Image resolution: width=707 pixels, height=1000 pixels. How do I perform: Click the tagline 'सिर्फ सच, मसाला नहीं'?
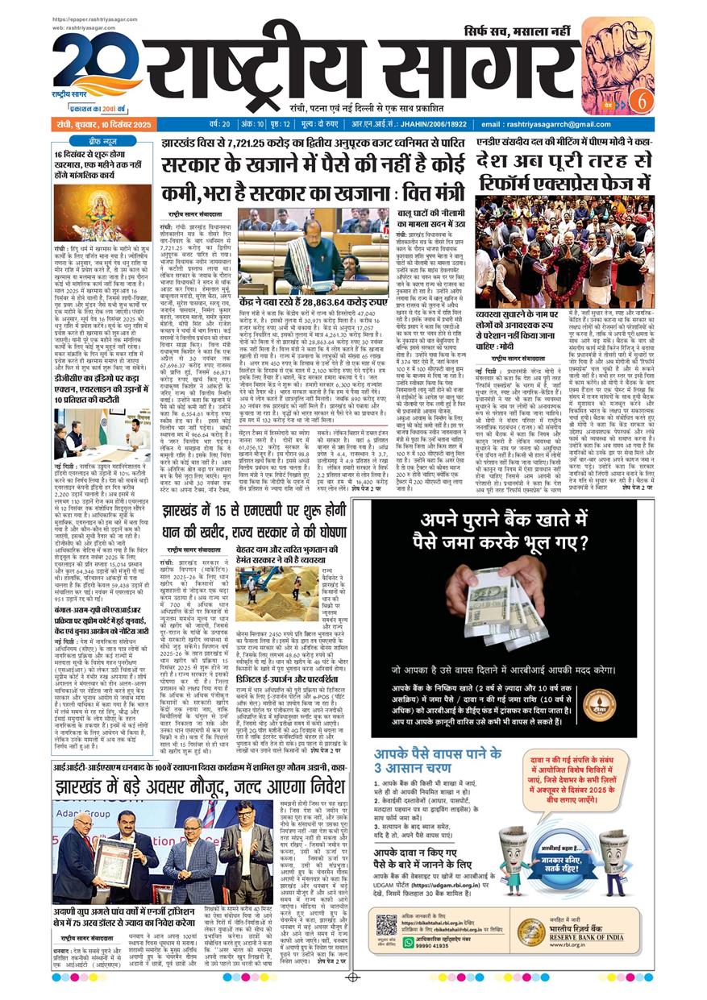click(x=518, y=33)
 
